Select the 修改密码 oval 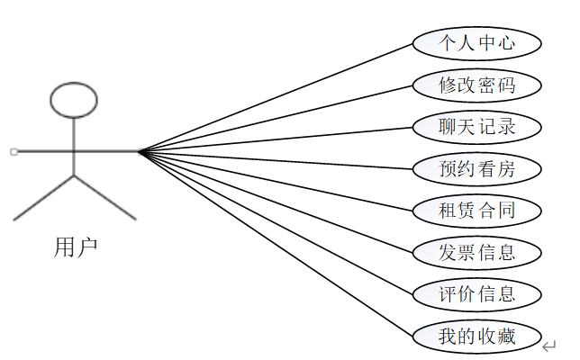[476, 85]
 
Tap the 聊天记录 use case [476, 127]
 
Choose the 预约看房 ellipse [476, 168]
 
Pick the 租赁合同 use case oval [476, 211]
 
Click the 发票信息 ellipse [476, 252]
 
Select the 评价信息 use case [476, 293]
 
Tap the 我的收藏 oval [476, 336]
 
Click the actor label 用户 [76, 247]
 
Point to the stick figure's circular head [73, 101]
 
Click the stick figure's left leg [43, 197]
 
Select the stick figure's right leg [104, 197]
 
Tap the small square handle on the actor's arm [14, 151]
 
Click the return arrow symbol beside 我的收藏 [549, 345]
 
